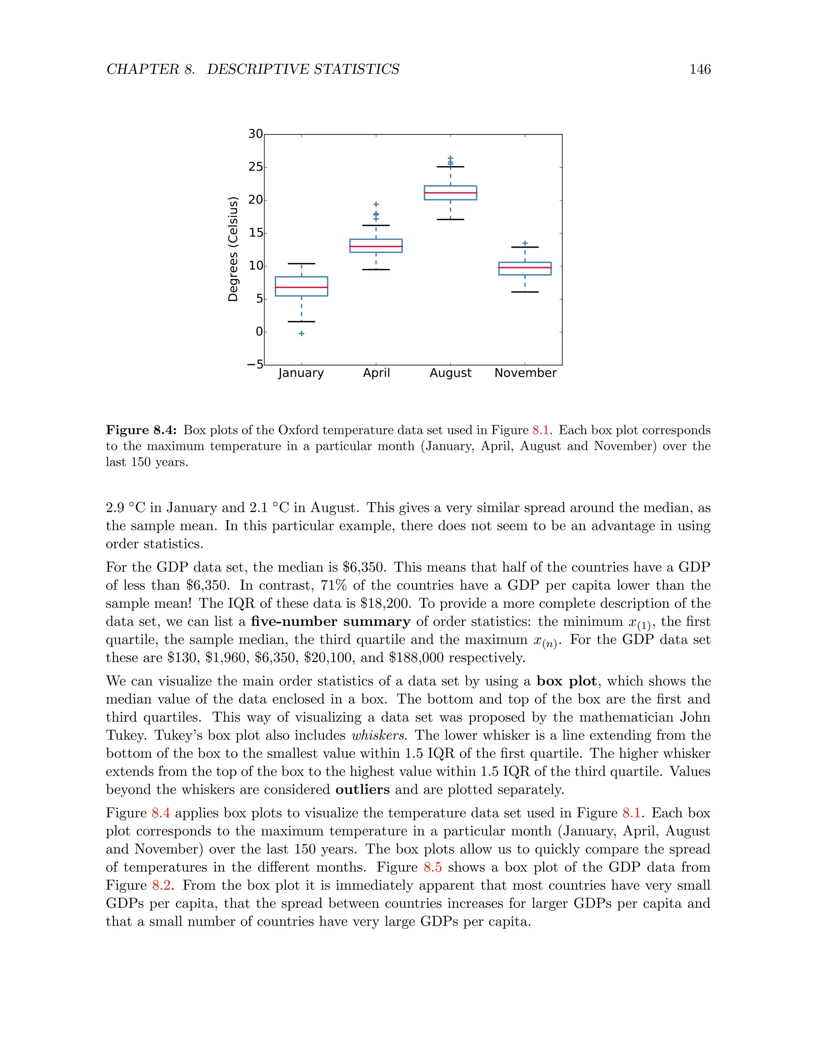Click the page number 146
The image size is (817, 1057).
tap(699, 69)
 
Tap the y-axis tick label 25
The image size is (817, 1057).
tap(256, 167)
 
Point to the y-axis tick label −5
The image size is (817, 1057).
tap(255, 364)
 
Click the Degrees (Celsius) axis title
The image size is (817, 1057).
tap(233, 249)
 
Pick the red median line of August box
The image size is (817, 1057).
tap(450, 193)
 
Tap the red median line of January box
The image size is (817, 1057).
tap(301, 287)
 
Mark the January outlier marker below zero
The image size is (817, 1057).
tap(301, 333)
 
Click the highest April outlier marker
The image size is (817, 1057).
tap(376, 204)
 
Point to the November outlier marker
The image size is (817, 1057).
tap(525, 243)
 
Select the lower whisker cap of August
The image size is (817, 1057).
tap(450, 219)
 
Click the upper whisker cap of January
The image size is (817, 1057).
tap(301, 264)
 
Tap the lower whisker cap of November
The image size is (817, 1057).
tap(525, 292)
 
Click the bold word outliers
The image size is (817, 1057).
tap(362, 789)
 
